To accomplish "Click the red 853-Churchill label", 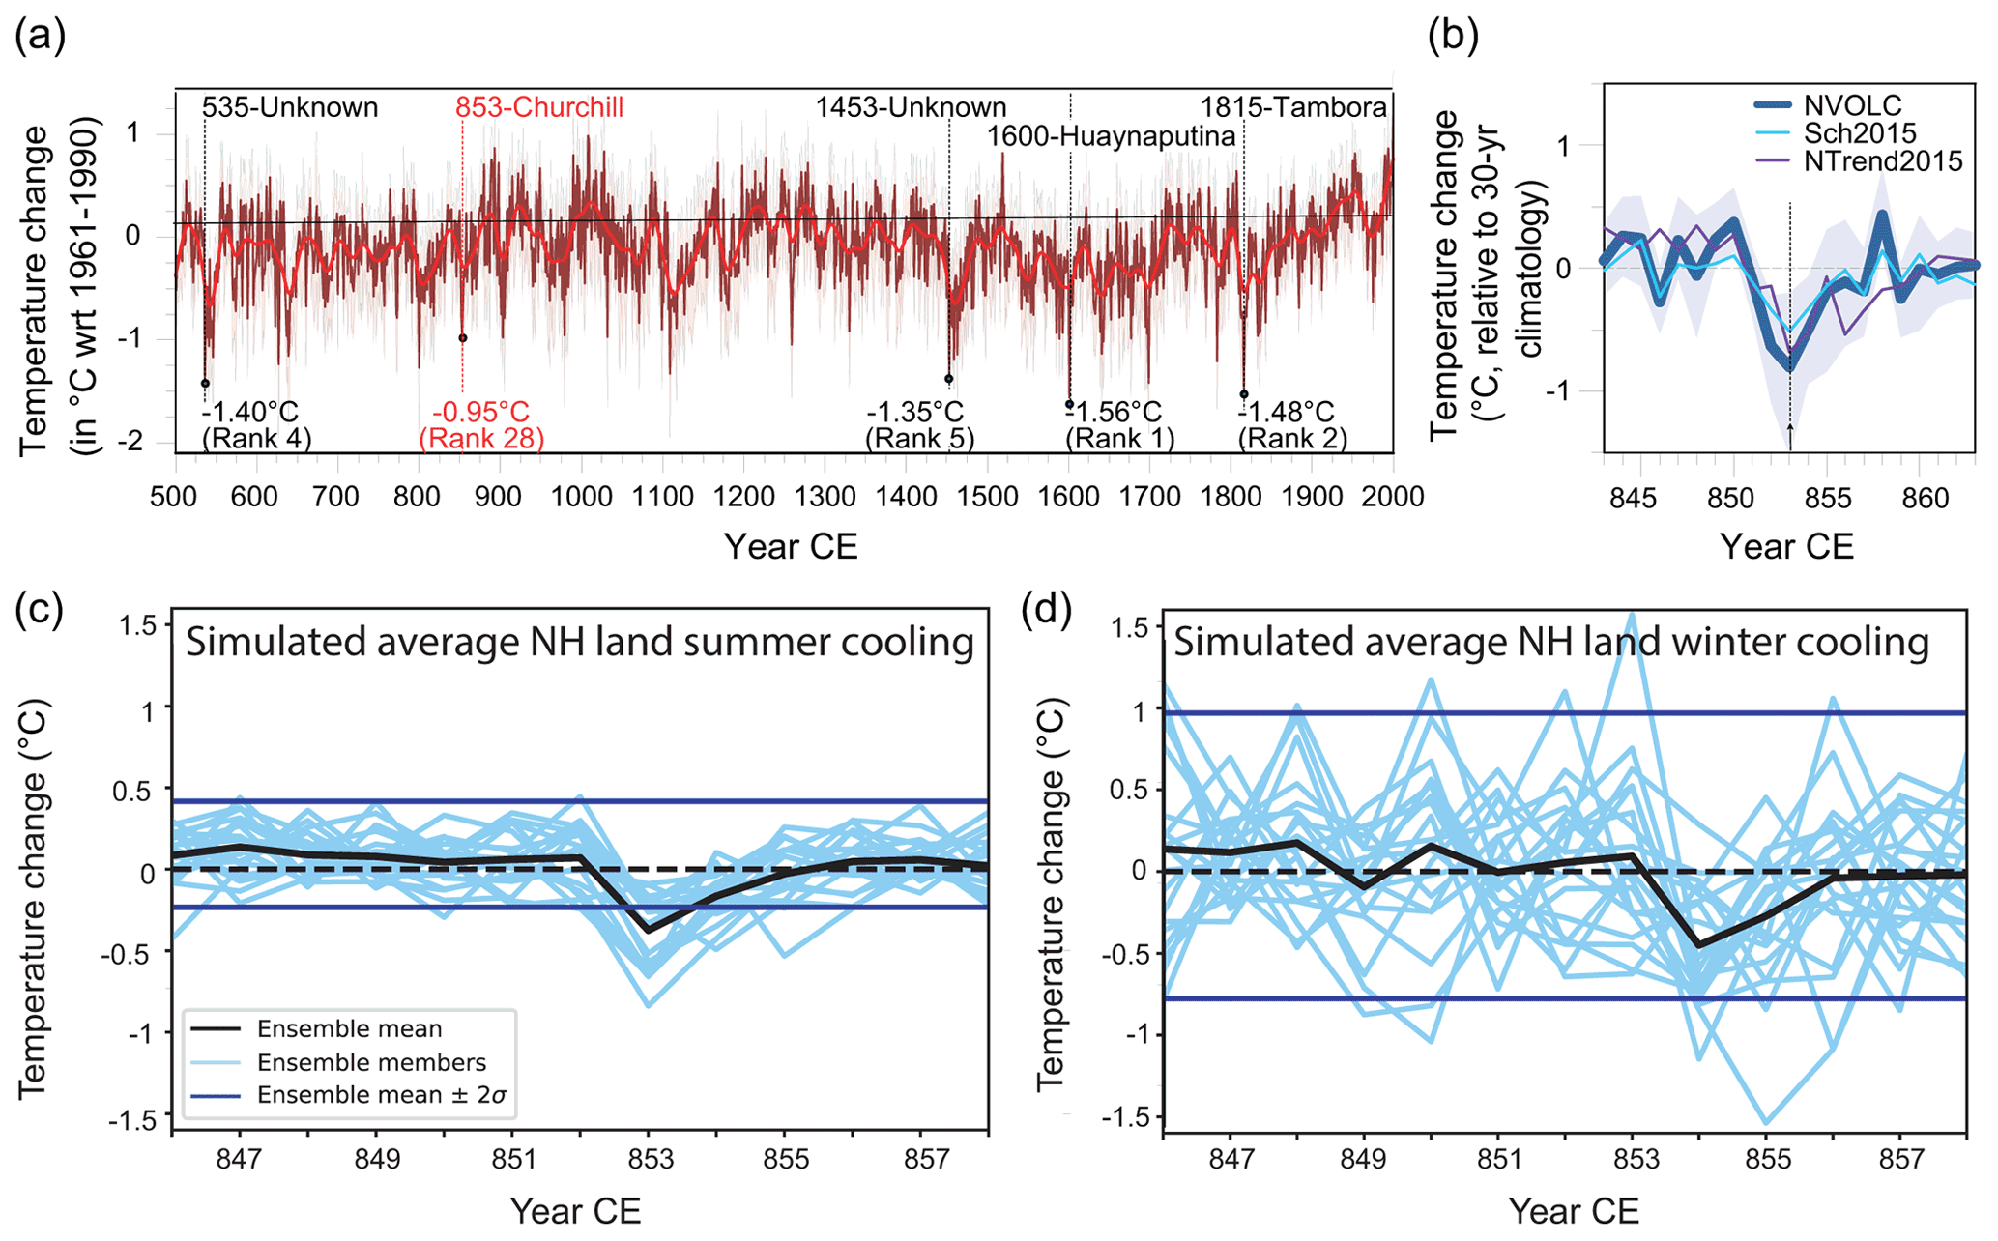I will [x=539, y=107].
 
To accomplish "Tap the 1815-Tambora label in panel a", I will [x=1293, y=107].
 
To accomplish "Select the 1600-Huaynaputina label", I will [x=1111, y=137].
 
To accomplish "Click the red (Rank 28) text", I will [x=481, y=439].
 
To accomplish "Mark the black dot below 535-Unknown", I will [x=205, y=384].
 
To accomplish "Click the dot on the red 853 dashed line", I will [x=463, y=338].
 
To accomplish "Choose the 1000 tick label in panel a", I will [x=581, y=497].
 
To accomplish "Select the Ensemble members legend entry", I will [x=371, y=1063].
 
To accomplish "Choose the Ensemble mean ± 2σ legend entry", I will [x=382, y=1096].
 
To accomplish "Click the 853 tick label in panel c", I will [x=650, y=1159].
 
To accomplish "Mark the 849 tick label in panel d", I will [x=1364, y=1159].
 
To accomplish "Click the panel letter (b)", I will [x=1454, y=36].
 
